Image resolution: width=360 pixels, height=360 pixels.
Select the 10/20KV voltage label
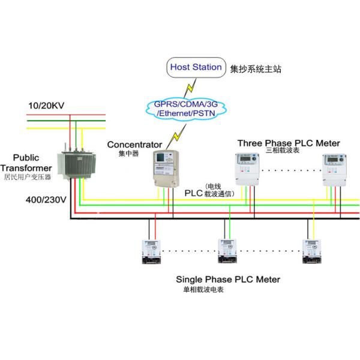click(x=46, y=106)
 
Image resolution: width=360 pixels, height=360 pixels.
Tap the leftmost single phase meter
click(x=152, y=251)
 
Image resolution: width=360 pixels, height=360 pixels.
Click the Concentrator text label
click(x=134, y=145)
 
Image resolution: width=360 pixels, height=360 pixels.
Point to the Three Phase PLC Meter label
click(x=289, y=143)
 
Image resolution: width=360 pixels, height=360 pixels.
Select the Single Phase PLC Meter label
click(x=227, y=280)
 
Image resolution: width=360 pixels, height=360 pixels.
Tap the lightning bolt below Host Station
click(x=189, y=88)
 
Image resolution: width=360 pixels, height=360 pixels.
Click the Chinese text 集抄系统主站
click(x=256, y=70)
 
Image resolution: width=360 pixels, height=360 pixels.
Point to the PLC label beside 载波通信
click(x=194, y=193)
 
